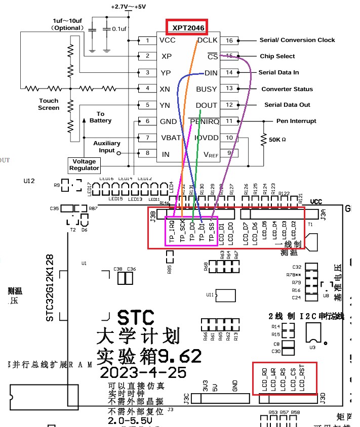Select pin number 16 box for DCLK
point(229,40)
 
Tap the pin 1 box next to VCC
point(147,40)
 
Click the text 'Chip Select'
point(277,56)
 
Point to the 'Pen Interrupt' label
point(296,121)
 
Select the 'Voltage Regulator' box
point(85,164)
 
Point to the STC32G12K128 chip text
point(50,288)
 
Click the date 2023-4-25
point(144,372)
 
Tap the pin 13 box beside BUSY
point(229,89)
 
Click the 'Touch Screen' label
point(49,104)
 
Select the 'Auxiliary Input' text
point(107,147)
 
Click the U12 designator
point(29,181)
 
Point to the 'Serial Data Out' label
point(287,105)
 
